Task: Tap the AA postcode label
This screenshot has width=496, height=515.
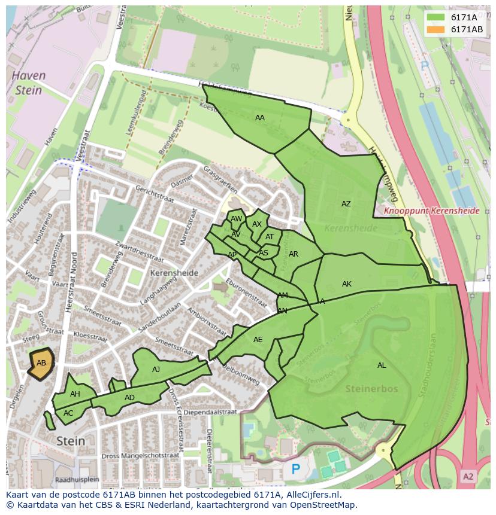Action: [x=259, y=118]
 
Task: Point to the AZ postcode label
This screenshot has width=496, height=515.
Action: [x=346, y=204]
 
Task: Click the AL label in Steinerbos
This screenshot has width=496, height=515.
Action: [x=382, y=365]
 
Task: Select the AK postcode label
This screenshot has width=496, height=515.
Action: [x=346, y=284]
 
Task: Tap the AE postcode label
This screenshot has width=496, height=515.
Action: [x=258, y=340]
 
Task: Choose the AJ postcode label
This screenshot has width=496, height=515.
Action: [x=156, y=370]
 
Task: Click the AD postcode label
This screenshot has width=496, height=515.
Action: [x=129, y=398]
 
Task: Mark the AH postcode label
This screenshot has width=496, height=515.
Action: [x=75, y=394]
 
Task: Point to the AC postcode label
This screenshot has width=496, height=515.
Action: [x=68, y=413]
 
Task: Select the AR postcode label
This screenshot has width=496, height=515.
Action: [x=293, y=254]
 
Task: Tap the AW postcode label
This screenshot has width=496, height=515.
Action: [x=236, y=220]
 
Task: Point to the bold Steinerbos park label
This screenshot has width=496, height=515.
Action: [x=371, y=389]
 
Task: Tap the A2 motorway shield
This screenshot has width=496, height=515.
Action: [x=468, y=476]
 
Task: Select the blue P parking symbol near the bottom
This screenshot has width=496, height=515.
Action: [x=295, y=470]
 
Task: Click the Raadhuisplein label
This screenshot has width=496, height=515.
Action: [x=76, y=480]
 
